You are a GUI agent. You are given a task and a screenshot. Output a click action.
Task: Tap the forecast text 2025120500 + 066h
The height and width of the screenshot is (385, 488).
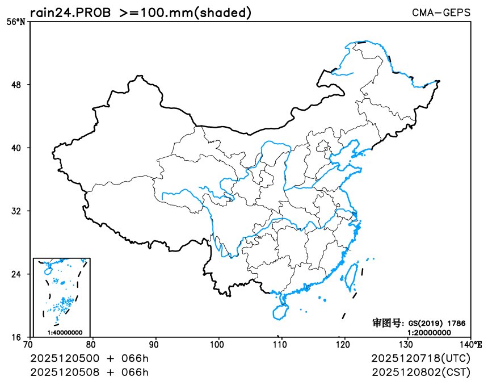tap(89, 359)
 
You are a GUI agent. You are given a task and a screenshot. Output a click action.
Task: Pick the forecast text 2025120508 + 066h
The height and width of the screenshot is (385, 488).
tap(89, 373)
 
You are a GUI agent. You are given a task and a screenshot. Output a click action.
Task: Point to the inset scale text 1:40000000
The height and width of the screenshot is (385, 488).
tap(65, 333)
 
